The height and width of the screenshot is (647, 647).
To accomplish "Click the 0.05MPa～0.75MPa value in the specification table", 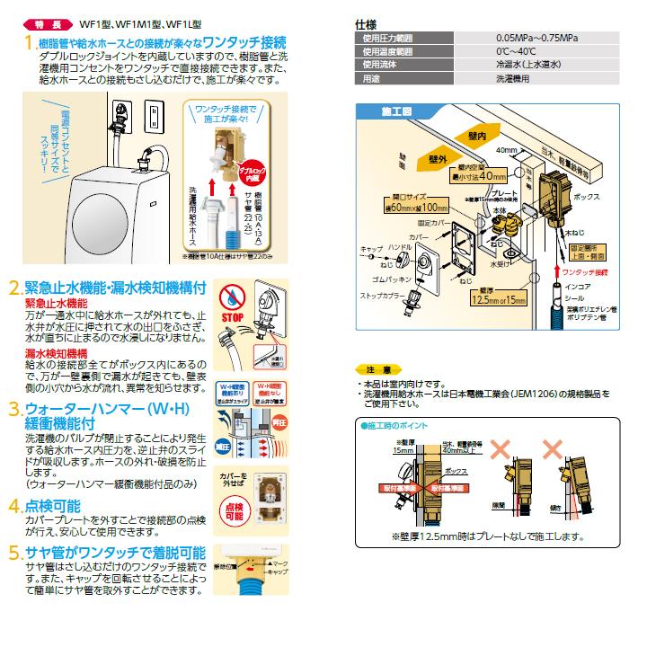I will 536,39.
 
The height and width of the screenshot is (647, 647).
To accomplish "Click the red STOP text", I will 233,318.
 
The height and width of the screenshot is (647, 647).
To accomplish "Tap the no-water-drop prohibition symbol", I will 233,297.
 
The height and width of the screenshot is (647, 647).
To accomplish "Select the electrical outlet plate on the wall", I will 149,114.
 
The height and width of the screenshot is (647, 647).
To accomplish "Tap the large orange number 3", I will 14,411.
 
